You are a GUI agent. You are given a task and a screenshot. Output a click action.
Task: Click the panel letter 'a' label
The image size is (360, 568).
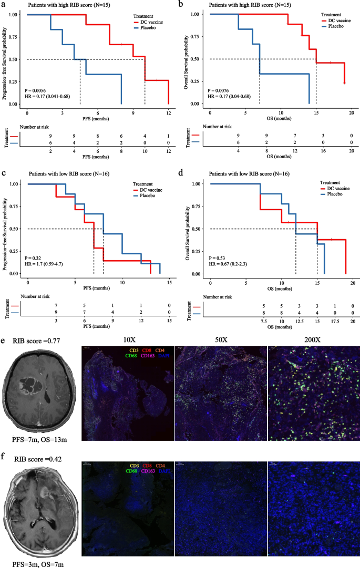5,4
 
